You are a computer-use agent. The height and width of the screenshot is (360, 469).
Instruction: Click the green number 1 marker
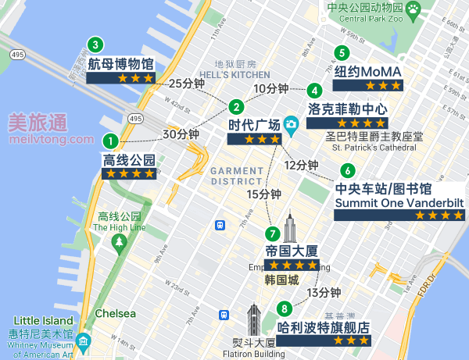[110, 141]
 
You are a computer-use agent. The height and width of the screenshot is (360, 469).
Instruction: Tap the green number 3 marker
[95, 45]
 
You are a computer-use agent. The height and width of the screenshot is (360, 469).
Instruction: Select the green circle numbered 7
[272, 233]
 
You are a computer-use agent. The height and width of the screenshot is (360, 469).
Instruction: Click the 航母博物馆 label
[120, 63]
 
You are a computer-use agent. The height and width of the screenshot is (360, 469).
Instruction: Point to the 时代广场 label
[253, 125]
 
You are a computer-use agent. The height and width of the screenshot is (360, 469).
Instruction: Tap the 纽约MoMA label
[367, 71]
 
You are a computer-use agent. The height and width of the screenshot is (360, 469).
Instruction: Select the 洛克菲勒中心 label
[347, 108]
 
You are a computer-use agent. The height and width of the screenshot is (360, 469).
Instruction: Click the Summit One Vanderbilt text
[399, 203]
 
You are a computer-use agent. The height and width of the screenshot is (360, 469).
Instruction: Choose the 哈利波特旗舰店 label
[324, 327]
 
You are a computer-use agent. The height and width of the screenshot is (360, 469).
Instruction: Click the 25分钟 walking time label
[186, 84]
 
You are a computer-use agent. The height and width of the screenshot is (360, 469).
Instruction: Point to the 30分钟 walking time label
[181, 134]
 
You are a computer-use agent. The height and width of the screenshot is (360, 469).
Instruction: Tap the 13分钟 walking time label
[324, 293]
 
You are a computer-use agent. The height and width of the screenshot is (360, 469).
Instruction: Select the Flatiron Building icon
[253, 321]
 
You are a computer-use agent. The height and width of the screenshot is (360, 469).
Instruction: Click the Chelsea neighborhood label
[115, 313]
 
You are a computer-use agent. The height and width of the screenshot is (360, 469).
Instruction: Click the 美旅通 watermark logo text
[37, 122]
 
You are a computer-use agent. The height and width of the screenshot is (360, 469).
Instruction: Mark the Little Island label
[41, 321]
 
